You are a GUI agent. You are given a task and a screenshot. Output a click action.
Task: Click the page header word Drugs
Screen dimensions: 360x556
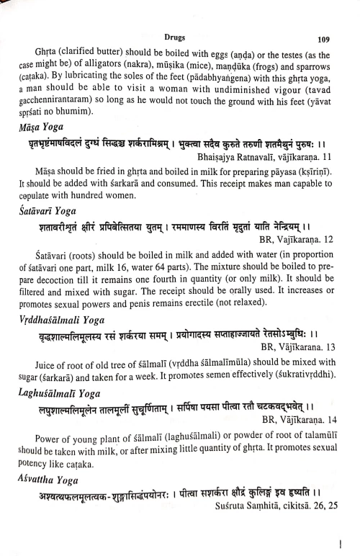pos(175,34)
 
